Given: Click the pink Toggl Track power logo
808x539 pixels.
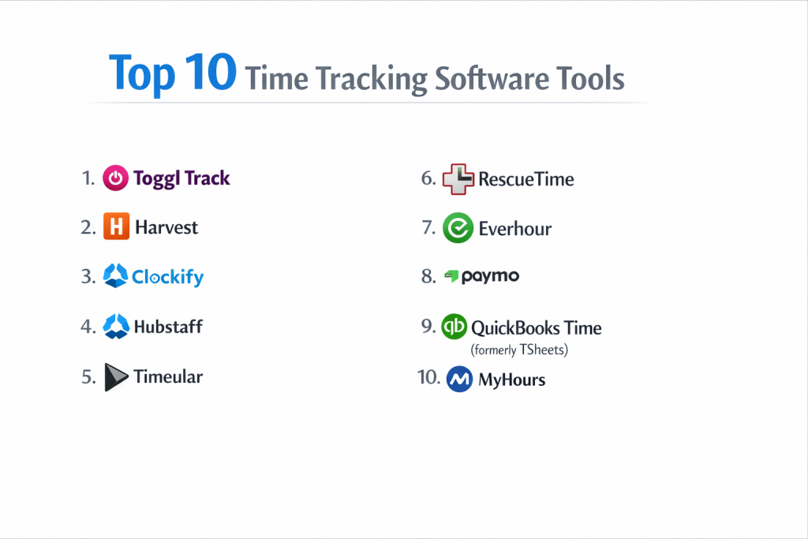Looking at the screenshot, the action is (x=115, y=178).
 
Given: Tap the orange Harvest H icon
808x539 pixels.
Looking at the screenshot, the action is (x=117, y=226).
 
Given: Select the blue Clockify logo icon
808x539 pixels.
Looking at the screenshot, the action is (x=115, y=275).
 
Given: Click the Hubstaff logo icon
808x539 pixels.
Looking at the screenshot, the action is (x=116, y=326).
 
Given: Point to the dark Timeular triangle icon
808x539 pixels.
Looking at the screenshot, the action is (x=115, y=377).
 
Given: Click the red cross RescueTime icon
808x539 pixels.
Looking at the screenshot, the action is (x=458, y=179).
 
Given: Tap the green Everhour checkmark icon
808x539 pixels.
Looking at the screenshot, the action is (x=458, y=228).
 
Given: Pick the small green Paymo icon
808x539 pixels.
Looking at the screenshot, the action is (x=452, y=276).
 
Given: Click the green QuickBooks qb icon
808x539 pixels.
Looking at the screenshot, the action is (x=454, y=326).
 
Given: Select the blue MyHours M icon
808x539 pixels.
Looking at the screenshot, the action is (x=459, y=380).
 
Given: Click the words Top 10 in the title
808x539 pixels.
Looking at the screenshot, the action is (x=173, y=73).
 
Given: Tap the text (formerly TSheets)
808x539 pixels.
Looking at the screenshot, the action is (x=519, y=350).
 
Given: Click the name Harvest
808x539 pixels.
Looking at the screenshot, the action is (x=166, y=227).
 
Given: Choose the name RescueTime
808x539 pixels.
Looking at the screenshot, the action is (x=526, y=179).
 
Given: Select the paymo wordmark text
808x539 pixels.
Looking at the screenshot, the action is (x=490, y=277).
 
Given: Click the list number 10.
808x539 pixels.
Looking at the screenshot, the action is (x=428, y=377).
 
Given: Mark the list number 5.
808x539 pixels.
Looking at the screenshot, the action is (x=88, y=377).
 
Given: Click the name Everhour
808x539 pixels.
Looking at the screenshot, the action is (x=514, y=229).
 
